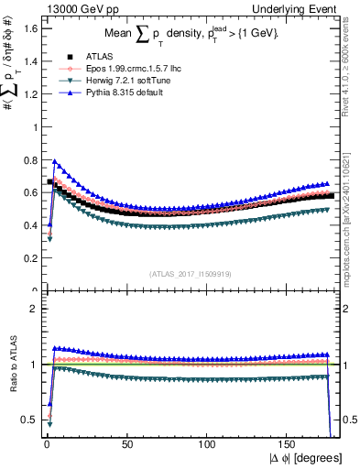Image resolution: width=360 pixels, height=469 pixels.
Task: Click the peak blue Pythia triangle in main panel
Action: pyautogui.click(x=55, y=161)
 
